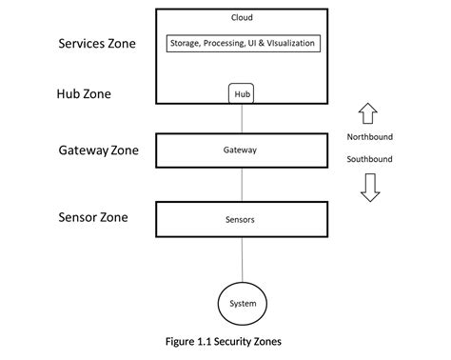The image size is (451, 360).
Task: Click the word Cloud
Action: tap(242, 17)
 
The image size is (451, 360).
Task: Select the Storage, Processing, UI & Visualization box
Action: tap(242, 44)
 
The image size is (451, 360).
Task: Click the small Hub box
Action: tap(242, 94)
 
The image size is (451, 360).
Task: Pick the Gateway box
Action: tap(241, 150)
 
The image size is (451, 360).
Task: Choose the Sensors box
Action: tap(241, 219)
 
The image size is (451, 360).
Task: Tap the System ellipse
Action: tap(241, 305)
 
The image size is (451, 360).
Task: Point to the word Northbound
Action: tap(369, 137)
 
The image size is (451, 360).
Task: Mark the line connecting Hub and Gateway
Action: tap(241, 118)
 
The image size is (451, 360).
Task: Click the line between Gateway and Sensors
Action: tap(241, 185)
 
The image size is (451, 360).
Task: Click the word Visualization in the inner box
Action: tap(287, 44)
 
